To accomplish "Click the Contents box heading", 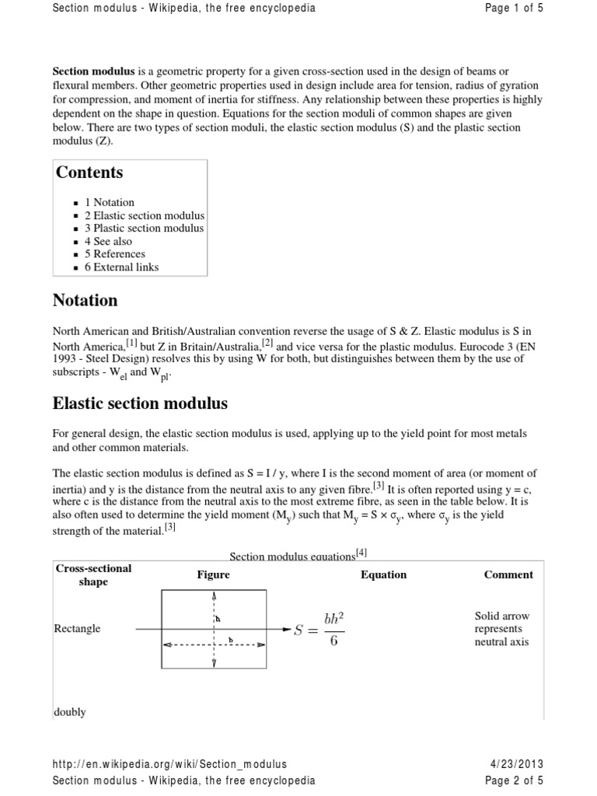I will coord(89,173).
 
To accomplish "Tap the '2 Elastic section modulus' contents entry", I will coord(145,215).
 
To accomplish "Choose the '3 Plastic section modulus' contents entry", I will coord(144,229).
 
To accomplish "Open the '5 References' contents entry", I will coord(115,254).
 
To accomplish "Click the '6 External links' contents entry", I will coord(121,267).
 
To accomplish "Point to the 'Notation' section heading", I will coord(85,300).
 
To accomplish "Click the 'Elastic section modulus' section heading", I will coord(139,403).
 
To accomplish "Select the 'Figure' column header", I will coord(213,575).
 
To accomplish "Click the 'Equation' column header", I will coord(383,575).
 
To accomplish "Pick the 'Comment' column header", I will coord(508,575).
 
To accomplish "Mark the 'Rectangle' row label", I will coord(77,629).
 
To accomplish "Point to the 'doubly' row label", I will coord(70,712).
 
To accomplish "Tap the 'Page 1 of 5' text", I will coord(514,9).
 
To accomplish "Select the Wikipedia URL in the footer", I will coord(169,765).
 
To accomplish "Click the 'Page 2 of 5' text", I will coord(514,780).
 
